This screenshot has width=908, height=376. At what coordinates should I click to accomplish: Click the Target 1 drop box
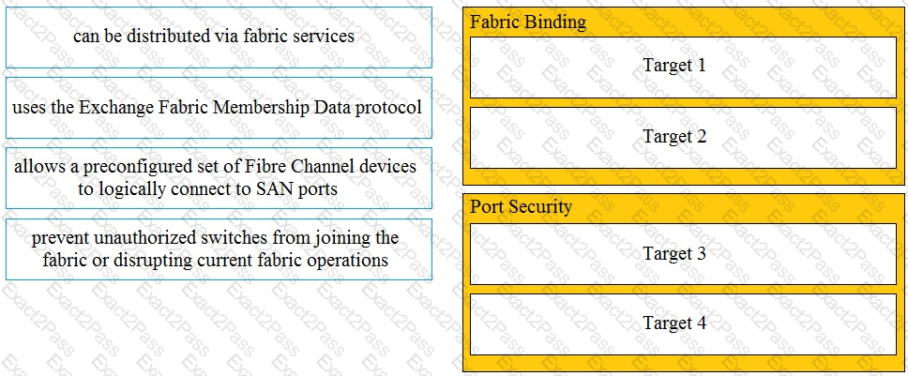[683, 68]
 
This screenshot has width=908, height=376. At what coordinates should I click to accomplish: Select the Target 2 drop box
[683, 138]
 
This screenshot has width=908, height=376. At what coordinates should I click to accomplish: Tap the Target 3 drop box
[683, 254]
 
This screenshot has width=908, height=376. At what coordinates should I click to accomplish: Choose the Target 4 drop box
[683, 323]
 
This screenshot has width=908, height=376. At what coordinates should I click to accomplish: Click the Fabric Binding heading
[527, 23]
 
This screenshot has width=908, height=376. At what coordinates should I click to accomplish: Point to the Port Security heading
[521, 206]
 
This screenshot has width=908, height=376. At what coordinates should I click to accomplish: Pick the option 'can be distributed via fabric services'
[219, 38]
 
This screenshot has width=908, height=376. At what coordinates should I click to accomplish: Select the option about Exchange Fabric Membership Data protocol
[219, 108]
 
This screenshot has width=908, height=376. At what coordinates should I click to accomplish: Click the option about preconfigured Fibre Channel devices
[219, 178]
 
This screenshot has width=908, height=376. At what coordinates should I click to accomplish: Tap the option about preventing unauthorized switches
[219, 249]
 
